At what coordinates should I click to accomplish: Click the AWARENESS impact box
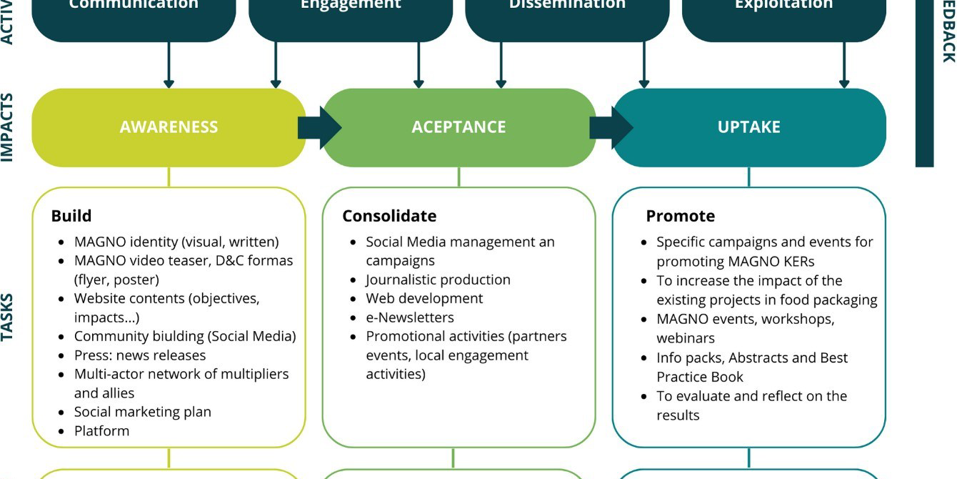coord(169,127)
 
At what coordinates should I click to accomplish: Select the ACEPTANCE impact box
coord(459,127)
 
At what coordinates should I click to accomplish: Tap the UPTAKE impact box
coord(748,127)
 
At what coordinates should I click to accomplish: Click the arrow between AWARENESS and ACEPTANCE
coord(319,127)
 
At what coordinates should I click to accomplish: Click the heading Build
coord(71,216)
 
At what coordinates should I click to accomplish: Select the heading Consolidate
coord(389,216)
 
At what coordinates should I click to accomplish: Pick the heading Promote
coord(680,216)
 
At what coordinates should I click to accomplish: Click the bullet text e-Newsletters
coord(409,317)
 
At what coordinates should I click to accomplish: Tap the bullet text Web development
coord(424,298)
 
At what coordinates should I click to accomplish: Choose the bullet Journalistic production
coord(438,280)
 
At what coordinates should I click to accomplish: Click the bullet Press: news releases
coord(140,355)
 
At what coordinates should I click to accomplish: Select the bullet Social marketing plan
coord(143,412)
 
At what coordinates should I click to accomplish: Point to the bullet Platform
coord(102,431)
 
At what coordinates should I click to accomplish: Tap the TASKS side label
coord(8,317)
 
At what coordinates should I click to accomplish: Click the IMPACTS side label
coord(8,127)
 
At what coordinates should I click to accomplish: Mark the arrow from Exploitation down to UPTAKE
coord(844,64)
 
